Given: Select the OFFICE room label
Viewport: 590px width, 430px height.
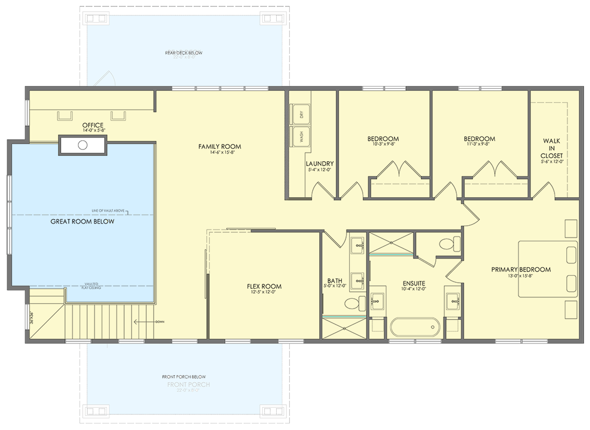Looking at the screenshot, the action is point(93,125).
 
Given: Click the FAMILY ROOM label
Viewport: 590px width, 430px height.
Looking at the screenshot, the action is point(219,146).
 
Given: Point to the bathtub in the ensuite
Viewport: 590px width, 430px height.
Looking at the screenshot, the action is point(414,327).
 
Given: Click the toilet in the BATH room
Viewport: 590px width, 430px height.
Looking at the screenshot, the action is point(352,304).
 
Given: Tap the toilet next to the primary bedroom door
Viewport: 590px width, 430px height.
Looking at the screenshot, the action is point(447,245).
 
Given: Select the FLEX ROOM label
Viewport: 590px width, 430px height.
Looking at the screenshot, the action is point(264,286).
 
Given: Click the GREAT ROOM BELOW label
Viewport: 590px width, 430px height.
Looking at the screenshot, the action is point(82,221).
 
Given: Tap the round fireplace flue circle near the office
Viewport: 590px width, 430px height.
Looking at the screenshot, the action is point(83,145).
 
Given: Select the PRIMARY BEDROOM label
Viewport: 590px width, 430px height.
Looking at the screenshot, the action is point(521,269).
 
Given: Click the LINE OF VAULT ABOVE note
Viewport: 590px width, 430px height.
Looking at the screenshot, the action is point(109,211).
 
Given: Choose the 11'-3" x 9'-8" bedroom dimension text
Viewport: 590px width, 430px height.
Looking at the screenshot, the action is point(479,144).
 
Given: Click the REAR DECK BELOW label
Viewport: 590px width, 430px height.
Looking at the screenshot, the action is point(184,53).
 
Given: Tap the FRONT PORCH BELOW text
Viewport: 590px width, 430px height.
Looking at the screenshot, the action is point(184,377).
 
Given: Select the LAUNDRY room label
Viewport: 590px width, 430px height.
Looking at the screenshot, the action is point(320,164).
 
